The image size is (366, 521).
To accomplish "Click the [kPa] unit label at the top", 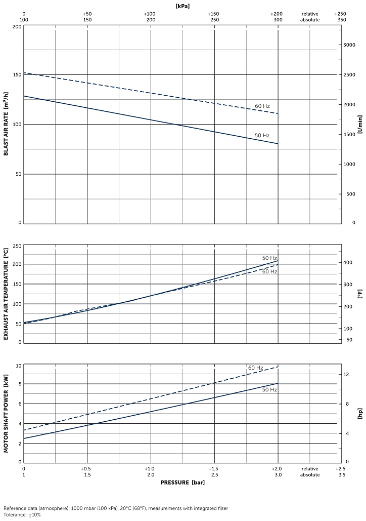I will tap(182, 6).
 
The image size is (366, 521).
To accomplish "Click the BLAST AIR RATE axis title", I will tap(6, 124).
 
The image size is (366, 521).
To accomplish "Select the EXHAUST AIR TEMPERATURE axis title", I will tap(6, 294).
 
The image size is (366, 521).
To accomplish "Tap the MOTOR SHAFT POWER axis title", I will tap(6, 414).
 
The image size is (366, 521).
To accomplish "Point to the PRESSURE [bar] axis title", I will tap(182, 482).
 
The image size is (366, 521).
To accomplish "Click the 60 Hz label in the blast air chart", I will tap(262, 106).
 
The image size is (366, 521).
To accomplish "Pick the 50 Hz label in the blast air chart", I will tap(262, 135).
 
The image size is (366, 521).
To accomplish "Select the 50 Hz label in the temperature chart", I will tap(269, 258).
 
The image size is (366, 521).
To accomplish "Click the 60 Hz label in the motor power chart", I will tap(255, 368).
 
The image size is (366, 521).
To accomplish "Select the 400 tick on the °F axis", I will tap(348, 262).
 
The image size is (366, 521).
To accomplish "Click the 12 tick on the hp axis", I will tap(347, 374).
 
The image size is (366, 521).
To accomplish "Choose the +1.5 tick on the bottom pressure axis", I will tap(214, 468).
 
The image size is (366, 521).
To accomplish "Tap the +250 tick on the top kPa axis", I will tap(340, 14).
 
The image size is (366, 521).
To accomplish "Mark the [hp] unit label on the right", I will tap(360, 414).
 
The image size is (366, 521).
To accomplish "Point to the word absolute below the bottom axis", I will tap(310, 475).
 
